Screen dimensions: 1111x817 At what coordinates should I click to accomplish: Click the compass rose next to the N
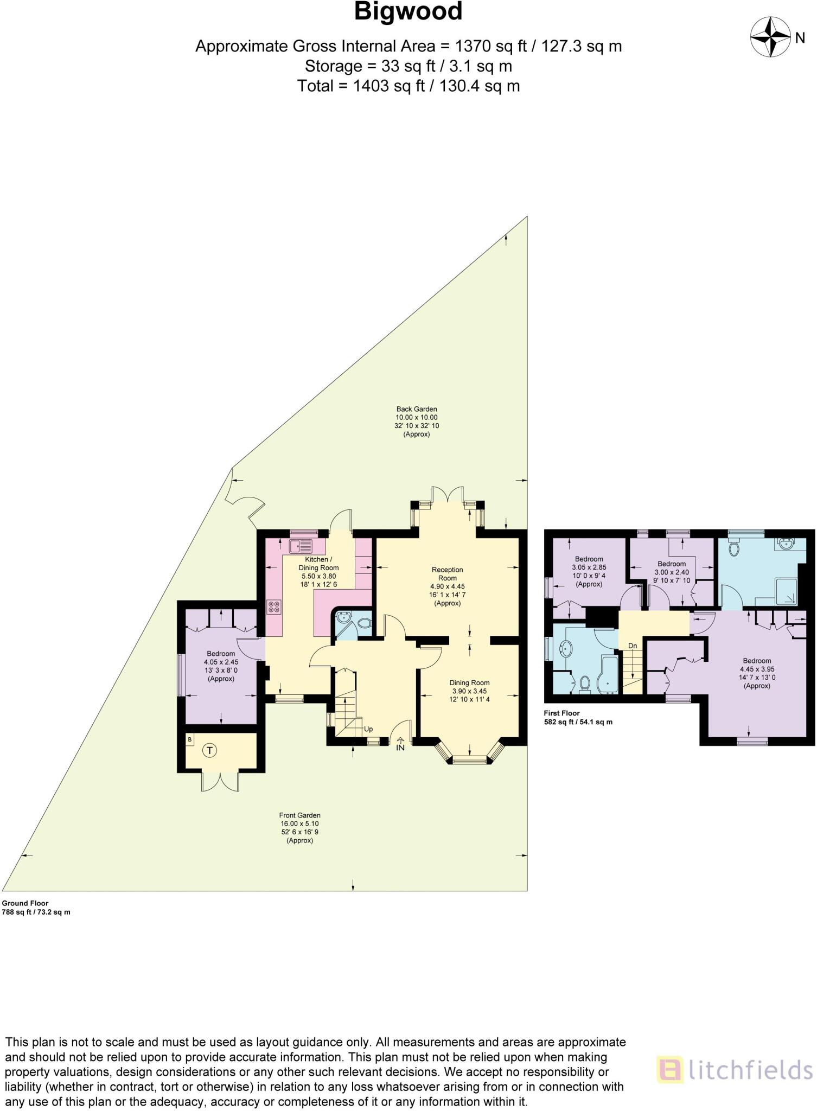[770, 37]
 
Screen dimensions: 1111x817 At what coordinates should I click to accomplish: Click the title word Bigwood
[408, 12]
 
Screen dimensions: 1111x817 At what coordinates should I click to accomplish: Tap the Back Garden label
[416, 422]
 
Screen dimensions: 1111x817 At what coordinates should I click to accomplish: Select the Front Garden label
[299, 827]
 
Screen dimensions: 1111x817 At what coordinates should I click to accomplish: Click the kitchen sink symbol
[302, 546]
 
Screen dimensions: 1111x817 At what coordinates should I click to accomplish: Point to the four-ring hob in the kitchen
[274, 607]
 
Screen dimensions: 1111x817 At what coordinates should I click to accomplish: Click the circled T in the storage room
[209, 751]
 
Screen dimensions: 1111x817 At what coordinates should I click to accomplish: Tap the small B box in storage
[190, 739]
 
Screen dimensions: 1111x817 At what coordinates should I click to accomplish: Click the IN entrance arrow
[400, 744]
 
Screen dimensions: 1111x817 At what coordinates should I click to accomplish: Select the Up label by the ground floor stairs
[368, 729]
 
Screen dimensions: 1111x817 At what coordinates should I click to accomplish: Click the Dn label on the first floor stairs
[633, 646]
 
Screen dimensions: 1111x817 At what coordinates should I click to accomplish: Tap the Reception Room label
[448, 586]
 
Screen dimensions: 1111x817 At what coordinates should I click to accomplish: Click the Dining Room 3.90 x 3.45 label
[469, 691]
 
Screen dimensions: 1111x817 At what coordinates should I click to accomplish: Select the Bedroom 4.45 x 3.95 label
[757, 673]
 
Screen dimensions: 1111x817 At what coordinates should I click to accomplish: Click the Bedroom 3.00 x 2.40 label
[672, 572]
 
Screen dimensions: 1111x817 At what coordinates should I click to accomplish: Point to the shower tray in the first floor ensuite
[787, 591]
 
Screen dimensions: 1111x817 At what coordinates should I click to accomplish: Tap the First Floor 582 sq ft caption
[578, 718]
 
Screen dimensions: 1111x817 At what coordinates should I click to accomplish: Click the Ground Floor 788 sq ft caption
[36, 908]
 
